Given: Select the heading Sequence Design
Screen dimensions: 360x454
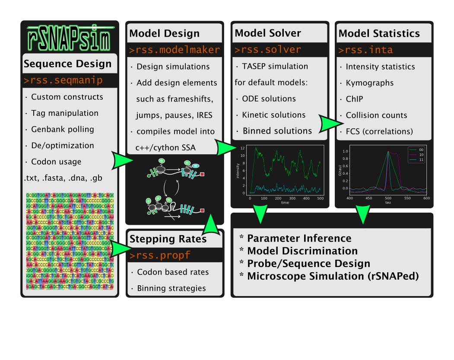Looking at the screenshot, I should tap(67, 64).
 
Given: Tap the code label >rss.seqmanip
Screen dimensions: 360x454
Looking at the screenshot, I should tap(63, 80).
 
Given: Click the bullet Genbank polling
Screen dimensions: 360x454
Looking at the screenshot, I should tap(62, 129).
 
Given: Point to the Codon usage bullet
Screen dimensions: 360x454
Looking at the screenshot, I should tap(56, 162).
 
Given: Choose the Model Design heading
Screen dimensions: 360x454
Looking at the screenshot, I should tap(164, 33).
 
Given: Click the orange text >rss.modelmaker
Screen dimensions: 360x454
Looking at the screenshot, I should tap(174, 50).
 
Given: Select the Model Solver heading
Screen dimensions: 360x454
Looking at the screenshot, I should tap(267, 33).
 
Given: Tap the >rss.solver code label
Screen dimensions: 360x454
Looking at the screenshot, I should tap(267, 50).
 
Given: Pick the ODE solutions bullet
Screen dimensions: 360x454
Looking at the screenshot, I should tap(268, 99).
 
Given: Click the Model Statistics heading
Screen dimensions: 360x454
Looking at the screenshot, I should tap(379, 33).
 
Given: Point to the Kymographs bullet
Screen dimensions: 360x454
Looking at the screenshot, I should tap(370, 83).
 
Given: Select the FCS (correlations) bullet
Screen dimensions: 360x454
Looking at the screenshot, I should tap(379, 131).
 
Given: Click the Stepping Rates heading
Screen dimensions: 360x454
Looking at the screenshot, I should tap(168, 239).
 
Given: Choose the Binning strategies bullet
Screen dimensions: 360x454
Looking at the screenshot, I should tap(171, 288).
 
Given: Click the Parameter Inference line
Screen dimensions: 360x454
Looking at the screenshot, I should tap(299, 238).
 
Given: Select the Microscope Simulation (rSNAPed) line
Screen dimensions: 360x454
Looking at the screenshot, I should tap(333, 276).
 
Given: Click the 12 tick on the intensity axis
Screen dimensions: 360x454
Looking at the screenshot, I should tap(243, 148).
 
